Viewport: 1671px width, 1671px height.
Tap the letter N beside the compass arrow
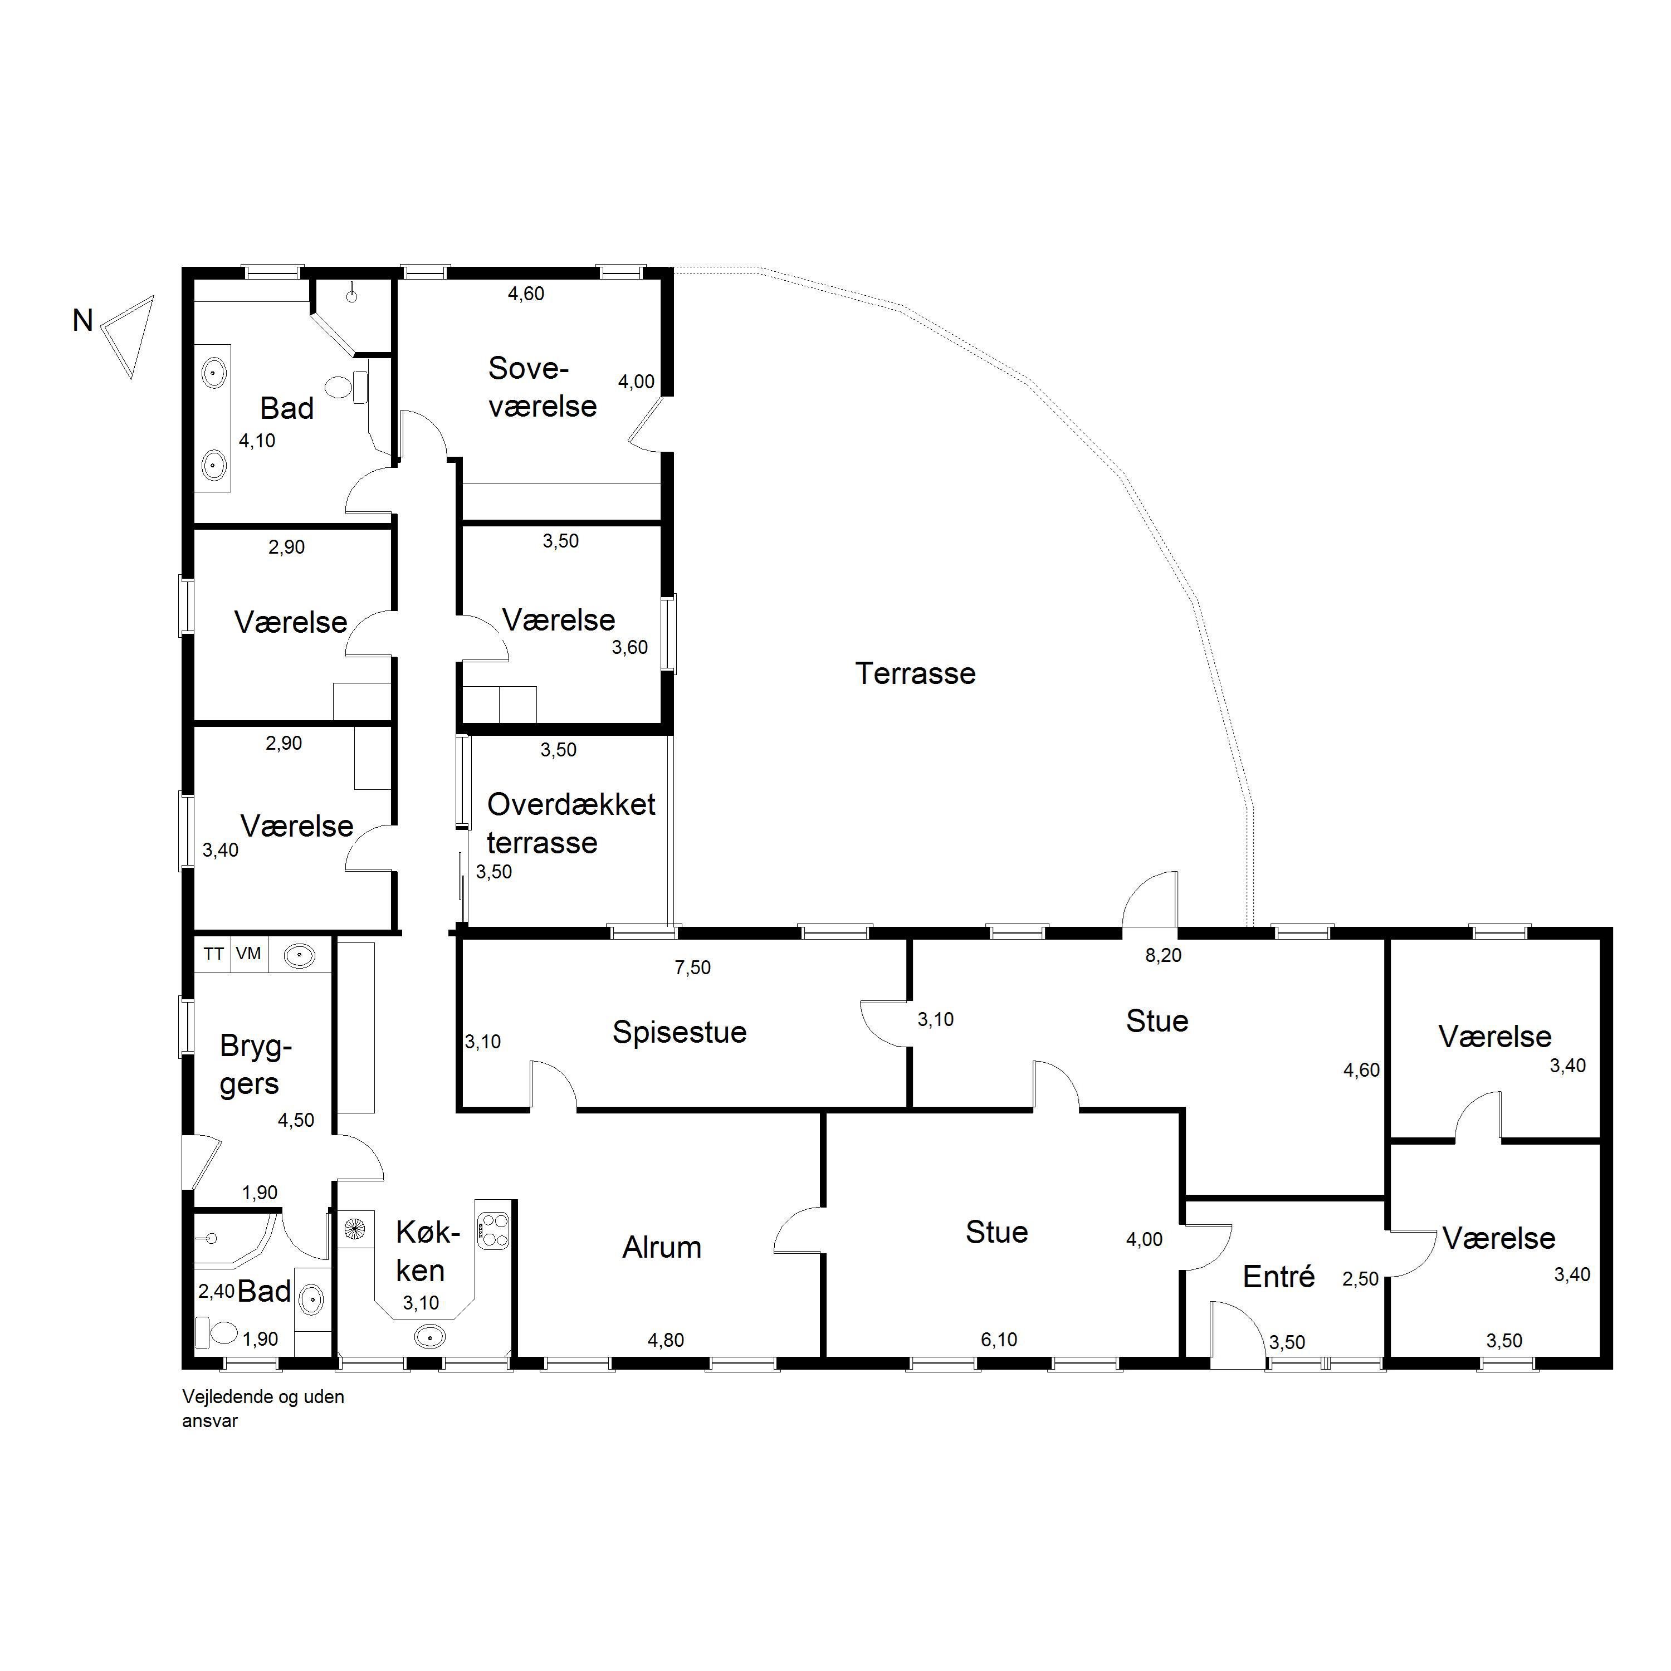(x=82, y=321)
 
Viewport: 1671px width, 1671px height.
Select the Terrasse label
(x=915, y=673)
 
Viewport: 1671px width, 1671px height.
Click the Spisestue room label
(x=679, y=1032)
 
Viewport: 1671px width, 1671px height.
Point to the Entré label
(x=1278, y=1277)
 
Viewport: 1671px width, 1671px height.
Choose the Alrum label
(x=662, y=1247)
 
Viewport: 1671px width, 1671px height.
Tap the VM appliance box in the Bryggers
(x=249, y=954)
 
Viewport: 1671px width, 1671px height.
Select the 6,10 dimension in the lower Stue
(x=998, y=1340)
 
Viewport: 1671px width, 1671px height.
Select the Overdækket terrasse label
(x=571, y=823)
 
